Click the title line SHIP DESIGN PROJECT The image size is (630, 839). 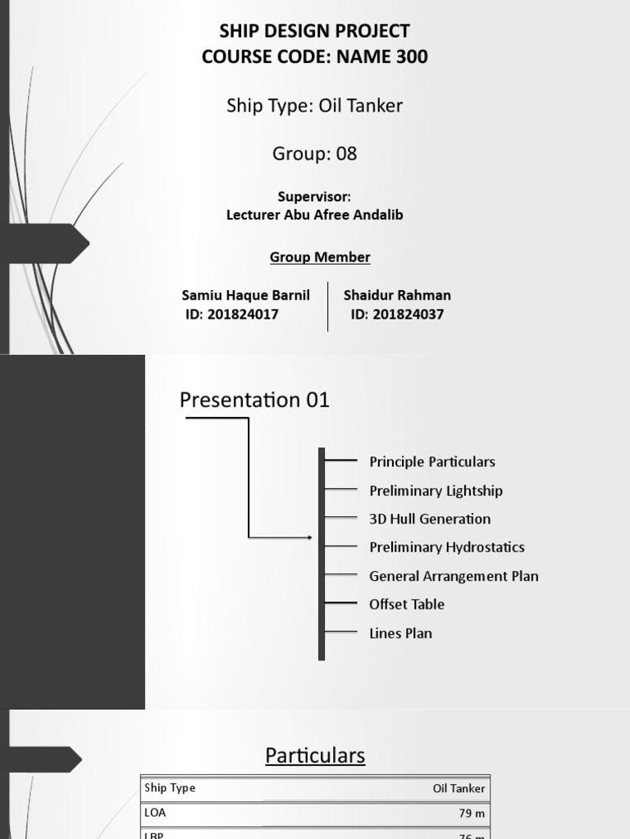(x=314, y=31)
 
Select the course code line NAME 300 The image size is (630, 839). (x=314, y=57)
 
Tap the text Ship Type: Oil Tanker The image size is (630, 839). (x=314, y=106)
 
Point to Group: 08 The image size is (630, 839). (x=314, y=153)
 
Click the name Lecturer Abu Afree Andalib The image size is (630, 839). (x=314, y=215)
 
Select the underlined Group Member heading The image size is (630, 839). (x=320, y=257)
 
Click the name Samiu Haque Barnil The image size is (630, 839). (x=245, y=295)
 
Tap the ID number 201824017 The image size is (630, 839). (x=243, y=314)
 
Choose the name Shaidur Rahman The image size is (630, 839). (x=397, y=295)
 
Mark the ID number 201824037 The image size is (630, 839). (x=408, y=314)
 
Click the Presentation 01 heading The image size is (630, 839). (x=254, y=400)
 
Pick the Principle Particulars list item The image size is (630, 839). (x=432, y=461)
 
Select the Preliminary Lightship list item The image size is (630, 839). (x=436, y=491)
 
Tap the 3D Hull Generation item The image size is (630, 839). (x=430, y=519)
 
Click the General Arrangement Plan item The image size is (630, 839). (x=454, y=576)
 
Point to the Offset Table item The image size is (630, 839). (x=407, y=604)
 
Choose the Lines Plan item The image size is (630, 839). (x=400, y=633)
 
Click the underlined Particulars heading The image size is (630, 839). (x=315, y=755)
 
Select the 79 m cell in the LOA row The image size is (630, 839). (x=472, y=814)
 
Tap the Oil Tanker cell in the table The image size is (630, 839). (x=459, y=788)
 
